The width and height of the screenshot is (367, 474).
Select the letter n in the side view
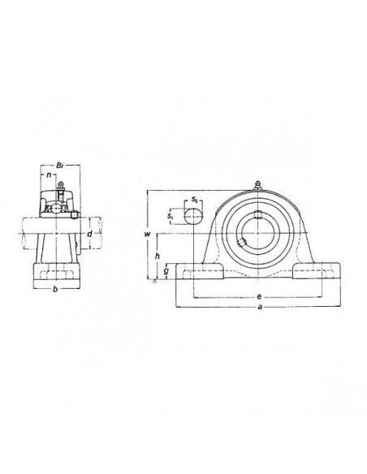pos(50,174)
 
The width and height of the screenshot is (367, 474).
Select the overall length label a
pos(259,308)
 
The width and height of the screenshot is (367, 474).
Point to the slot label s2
pos(196,199)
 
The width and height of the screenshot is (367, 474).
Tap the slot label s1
pos(171,216)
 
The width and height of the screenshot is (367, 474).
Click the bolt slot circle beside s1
pos(192,216)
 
